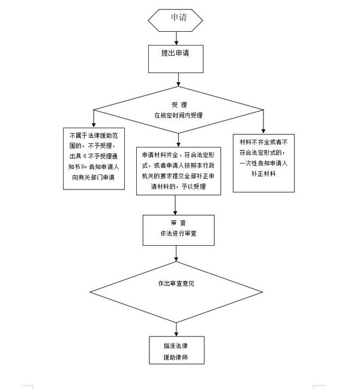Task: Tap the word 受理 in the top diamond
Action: tap(179, 105)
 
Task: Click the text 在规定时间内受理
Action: tap(179, 114)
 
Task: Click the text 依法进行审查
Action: tap(179, 234)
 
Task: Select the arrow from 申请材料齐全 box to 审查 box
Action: tap(175, 204)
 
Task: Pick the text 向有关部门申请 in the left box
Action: tap(93, 177)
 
